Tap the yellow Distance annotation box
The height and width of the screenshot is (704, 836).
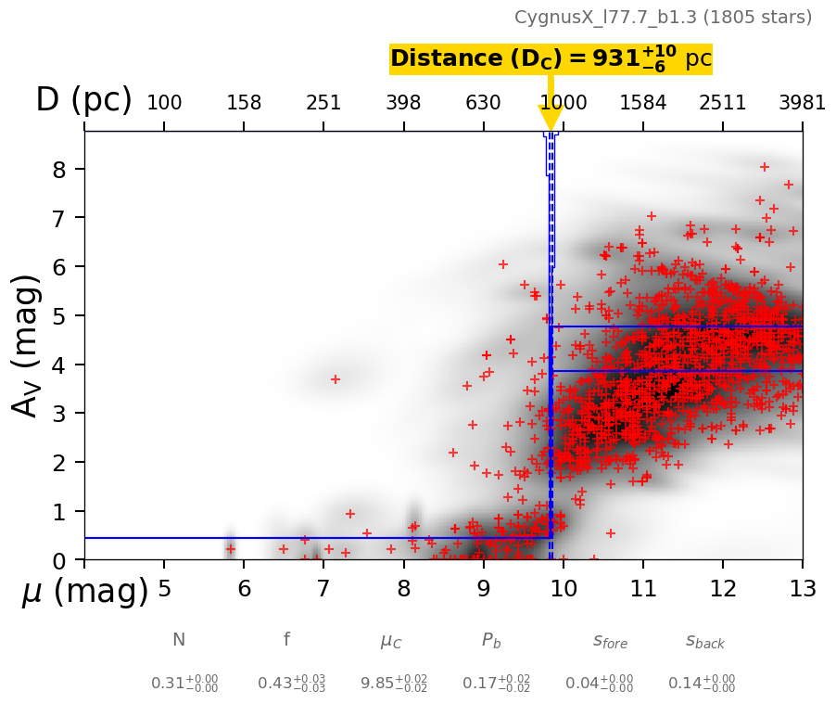(551, 58)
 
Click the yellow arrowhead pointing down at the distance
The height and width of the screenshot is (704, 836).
(551, 118)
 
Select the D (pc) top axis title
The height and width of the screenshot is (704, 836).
(83, 100)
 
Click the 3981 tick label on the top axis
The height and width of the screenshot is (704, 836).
(802, 103)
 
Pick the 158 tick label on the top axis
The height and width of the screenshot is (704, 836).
(244, 103)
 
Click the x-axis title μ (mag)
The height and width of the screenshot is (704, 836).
(84, 592)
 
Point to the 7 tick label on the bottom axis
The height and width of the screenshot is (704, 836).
(323, 590)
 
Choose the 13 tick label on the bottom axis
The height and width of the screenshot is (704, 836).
(802, 590)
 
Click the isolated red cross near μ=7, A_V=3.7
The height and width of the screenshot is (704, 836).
(336, 378)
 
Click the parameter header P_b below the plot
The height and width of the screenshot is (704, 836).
(491, 640)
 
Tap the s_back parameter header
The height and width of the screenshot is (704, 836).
(704, 640)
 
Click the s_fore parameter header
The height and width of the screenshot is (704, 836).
(610, 640)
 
